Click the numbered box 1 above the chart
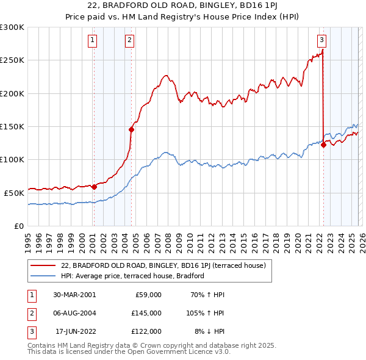(92, 41)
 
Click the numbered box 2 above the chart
(130, 41)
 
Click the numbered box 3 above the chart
(321, 41)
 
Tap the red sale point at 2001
(94, 187)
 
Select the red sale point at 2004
(131, 129)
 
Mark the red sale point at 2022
(323, 145)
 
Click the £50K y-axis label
(14, 193)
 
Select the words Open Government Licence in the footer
(178, 352)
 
